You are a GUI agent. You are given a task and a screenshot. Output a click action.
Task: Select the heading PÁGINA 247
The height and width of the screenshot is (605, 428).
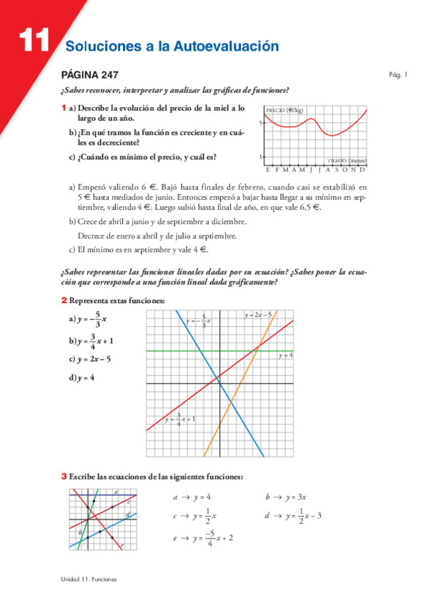coord(89,75)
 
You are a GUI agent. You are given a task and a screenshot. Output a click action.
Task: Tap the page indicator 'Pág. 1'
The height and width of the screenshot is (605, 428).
coord(397,74)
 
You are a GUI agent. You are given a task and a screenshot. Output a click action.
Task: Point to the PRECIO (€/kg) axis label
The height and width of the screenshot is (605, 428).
coord(284,111)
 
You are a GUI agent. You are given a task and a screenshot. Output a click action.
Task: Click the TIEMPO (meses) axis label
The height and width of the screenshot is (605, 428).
coord(347,161)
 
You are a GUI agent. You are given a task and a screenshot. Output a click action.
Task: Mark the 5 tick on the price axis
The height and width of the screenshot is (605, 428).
coord(261,123)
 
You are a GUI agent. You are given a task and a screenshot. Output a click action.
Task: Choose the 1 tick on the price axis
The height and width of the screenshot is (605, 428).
coord(261,157)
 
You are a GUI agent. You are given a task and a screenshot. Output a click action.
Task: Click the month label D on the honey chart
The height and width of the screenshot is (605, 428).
coord(363,170)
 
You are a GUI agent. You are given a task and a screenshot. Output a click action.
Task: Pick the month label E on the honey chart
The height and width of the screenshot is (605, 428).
coord(267,170)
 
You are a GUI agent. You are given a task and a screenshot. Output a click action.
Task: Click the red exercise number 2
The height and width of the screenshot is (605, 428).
coord(64,300)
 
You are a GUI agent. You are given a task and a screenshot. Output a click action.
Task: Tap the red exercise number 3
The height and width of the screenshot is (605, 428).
coord(64,476)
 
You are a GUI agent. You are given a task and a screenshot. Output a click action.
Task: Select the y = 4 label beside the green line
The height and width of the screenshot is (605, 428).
coord(286,355)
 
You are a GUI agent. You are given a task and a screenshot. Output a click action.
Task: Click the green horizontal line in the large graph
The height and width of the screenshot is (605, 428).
coord(179,351)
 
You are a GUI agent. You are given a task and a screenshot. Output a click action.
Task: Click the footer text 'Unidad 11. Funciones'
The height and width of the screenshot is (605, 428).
coord(89,579)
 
